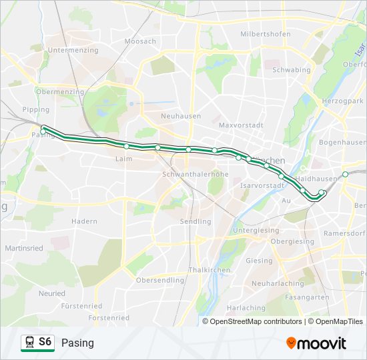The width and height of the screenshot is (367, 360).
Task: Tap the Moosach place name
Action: (x=140, y=41)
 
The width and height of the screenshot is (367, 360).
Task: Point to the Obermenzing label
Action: (x=60, y=92)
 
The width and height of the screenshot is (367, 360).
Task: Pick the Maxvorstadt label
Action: (x=242, y=125)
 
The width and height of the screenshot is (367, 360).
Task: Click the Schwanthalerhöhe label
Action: (x=196, y=174)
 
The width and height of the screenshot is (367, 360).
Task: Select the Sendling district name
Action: (x=196, y=221)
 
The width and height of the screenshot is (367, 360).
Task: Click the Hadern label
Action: (x=84, y=221)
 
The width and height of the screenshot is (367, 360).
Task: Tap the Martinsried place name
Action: (x=25, y=248)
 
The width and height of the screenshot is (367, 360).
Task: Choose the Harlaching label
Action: (x=246, y=308)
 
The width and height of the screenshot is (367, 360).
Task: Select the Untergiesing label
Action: (x=256, y=230)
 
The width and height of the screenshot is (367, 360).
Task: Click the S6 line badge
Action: (x=45, y=342)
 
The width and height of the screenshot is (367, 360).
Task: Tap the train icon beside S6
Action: (x=29, y=343)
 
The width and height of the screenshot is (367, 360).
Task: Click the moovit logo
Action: (x=316, y=343)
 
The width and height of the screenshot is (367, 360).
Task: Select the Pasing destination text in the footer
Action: (x=78, y=343)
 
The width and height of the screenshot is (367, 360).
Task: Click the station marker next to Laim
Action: (x=126, y=146)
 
